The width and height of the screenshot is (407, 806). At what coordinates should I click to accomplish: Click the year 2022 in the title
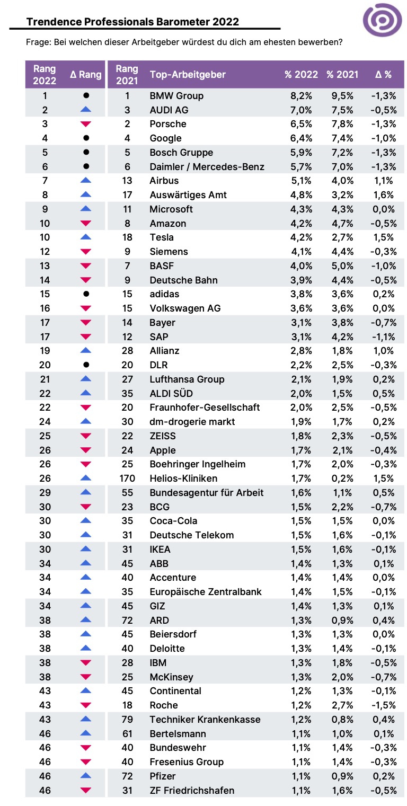[x=225, y=22]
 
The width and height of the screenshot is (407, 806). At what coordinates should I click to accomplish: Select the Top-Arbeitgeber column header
[x=188, y=75]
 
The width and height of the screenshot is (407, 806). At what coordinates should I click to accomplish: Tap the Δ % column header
[x=383, y=75]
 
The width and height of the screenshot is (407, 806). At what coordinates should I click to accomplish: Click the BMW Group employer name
[x=176, y=96]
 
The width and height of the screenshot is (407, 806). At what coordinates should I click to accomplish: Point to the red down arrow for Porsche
[x=86, y=124]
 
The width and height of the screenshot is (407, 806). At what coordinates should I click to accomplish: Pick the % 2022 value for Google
[x=301, y=138]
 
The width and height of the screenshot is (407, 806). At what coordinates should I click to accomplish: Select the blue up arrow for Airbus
[x=86, y=180]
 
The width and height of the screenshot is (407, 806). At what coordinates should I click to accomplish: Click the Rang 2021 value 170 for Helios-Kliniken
[x=127, y=479]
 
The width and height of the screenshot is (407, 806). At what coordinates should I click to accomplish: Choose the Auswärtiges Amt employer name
[x=188, y=195]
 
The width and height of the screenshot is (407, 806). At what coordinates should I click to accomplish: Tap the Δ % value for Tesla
[x=384, y=237]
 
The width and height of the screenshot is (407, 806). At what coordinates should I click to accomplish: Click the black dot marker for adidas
[x=86, y=294]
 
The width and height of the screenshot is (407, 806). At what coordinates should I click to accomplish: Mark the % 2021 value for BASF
[x=342, y=266]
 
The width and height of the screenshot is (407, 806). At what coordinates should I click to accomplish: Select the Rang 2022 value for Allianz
[x=45, y=351]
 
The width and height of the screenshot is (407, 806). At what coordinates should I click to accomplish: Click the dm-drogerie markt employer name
[x=192, y=422]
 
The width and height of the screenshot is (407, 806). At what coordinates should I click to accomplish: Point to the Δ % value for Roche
[x=384, y=705]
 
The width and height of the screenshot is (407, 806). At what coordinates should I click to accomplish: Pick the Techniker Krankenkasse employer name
[x=205, y=720]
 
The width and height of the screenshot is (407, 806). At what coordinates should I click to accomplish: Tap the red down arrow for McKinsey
[x=86, y=677]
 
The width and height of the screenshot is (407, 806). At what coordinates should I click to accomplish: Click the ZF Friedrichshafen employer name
[x=192, y=791]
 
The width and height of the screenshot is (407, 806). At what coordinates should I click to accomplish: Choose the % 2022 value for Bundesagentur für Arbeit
[x=301, y=493]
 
